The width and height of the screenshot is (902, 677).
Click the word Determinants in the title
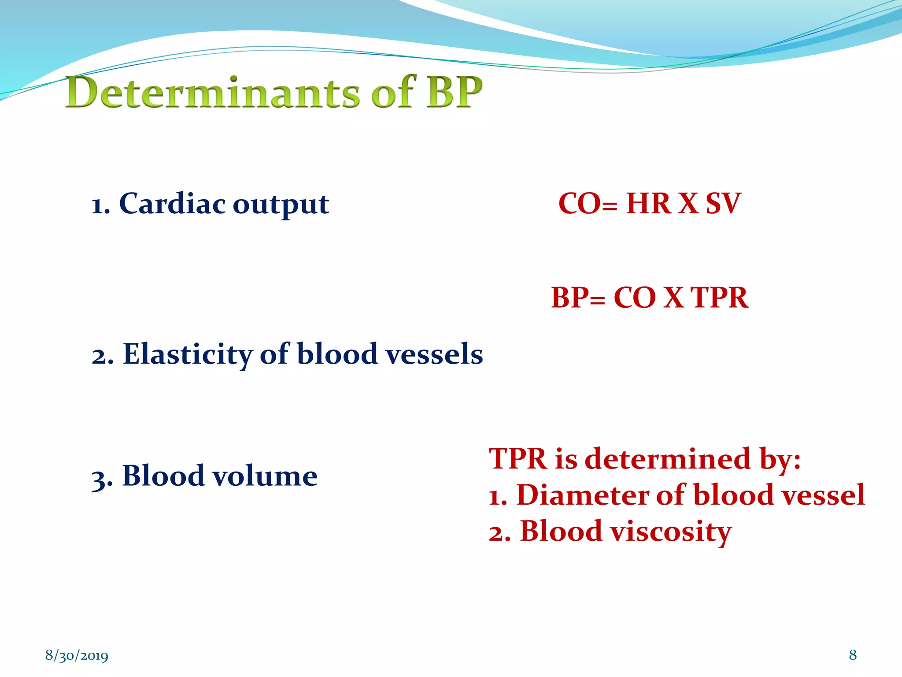point(213,93)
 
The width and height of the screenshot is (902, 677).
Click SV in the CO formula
point(723,204)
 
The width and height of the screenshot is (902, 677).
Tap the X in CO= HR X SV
point(688,204)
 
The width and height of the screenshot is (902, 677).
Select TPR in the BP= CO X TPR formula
point(719,298)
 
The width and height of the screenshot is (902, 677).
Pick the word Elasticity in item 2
point(188,355)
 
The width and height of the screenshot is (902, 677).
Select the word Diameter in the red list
point(583,495)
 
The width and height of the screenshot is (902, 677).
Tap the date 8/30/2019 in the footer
point(77,655)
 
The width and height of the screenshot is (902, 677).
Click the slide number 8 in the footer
point(853,655)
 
